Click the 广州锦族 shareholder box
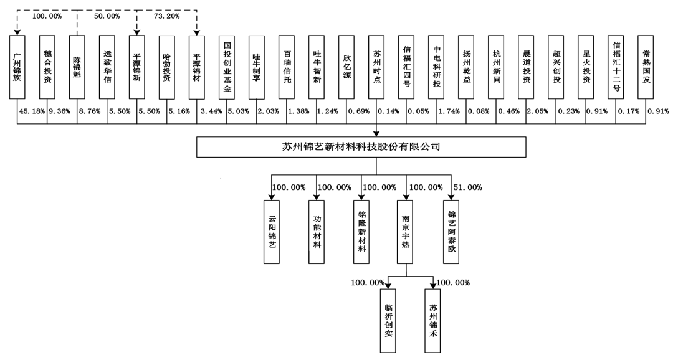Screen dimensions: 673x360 pos(17,67)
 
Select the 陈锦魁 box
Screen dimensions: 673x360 pos(77,67)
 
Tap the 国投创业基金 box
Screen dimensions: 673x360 pos(227,67)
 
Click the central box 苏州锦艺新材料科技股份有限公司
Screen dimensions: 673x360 pos(361,147)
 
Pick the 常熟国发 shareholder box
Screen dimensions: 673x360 pos(646,67)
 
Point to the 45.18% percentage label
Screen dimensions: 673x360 pos(32,111)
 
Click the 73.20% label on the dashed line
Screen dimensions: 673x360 pos(166,16)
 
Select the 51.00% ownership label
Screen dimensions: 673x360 pos(467,187)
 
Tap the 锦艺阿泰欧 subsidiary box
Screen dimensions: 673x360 pos(452,232)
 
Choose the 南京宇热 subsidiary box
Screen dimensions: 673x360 pos(405,232)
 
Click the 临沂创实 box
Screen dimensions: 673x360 pos(388,321)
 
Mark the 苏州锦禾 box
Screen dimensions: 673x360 pos(432,321)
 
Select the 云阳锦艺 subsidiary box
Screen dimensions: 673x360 pos(272,232)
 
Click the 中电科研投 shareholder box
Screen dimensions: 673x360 pos(436,67)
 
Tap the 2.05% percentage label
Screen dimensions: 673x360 pos(537,111)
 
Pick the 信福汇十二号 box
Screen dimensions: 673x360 pos(616,67)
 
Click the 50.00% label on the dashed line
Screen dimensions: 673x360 pos(107,16)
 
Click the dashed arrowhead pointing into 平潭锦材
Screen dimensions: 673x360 pos(197,32)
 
